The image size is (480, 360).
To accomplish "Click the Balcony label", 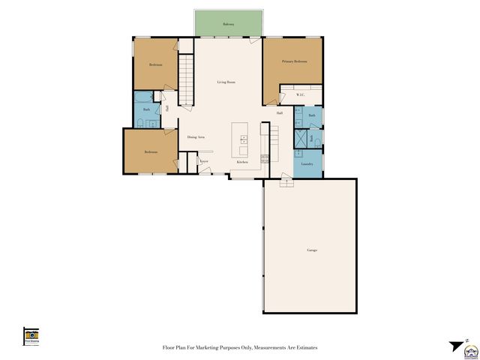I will [x=229, y=25].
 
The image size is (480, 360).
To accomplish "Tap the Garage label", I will [x=311, y=249].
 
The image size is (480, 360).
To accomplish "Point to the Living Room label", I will [x=226, y=82].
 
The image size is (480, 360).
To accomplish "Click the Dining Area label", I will [x=196, y=137].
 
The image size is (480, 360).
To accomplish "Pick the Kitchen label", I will [x=242, y=162].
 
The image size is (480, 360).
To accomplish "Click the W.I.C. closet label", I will [x=300, y=94].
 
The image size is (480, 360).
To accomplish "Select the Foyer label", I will [x=204, y=160].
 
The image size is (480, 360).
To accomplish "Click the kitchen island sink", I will [x=243, y=139].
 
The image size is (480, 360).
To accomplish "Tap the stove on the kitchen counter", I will [x=265, y=158].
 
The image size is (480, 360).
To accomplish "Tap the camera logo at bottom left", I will [x=31, y=335].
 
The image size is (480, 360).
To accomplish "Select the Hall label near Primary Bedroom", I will [x=279, y=113].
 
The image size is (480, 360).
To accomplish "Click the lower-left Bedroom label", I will [x=151, y=152].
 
